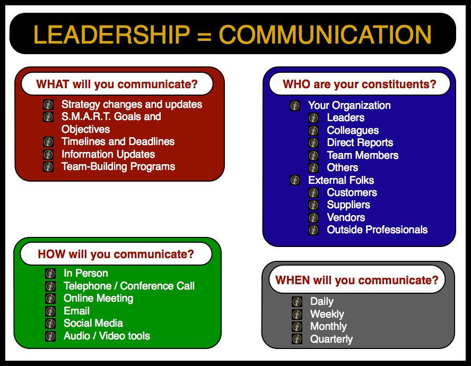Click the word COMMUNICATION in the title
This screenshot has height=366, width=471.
coord(325,35)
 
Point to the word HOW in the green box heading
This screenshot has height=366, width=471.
coord(51,254)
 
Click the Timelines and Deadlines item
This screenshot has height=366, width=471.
coord(118,142)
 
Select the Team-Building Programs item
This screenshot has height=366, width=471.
coord(118,167)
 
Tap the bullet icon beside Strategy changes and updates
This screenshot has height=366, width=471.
coord(48,105)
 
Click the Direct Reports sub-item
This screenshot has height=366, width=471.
coord(360,143)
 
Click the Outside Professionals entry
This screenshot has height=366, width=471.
coord(377,230)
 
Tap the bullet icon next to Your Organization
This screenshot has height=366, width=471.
coord(295,106)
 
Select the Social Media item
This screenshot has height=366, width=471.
coord(93,324)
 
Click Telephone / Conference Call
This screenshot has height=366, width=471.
coord(129,286)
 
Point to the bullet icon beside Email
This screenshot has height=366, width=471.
coord(50,311)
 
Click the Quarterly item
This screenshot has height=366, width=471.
coord(332,339)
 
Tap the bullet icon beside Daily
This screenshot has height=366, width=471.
coord(297,302)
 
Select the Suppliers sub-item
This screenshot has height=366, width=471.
coord(348,205)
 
